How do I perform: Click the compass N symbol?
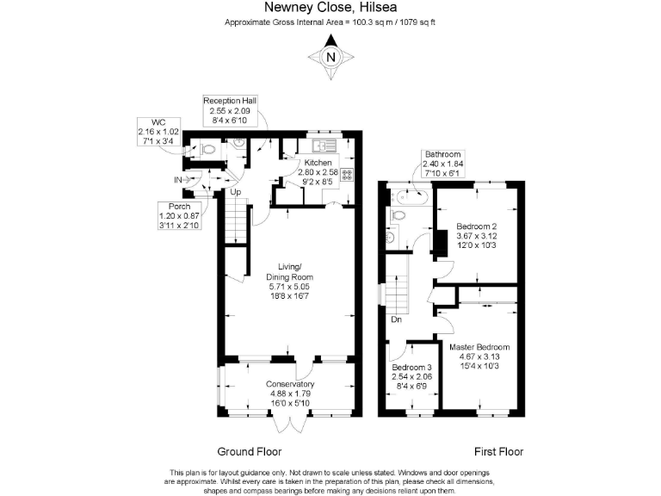[330, 58]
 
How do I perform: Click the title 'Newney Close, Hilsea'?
[330, 8]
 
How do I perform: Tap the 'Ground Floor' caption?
[250, 451]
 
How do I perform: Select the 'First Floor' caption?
[499, 451]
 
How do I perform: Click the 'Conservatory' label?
[289, 384]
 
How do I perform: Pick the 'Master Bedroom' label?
[479, 347]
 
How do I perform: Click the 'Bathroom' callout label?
[442, 156]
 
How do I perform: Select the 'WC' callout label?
[158, 122]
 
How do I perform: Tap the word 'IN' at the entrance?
[178, 180]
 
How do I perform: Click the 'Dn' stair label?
[397, 319]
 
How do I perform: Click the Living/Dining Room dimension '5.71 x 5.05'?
[289, 287]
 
